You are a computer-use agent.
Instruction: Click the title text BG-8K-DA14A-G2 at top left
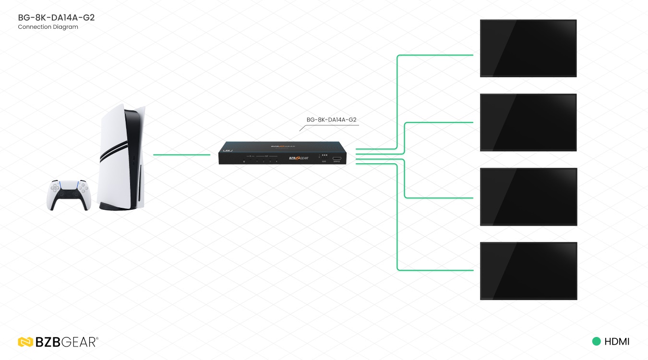[56, 18]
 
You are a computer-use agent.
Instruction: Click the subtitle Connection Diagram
[48, 27]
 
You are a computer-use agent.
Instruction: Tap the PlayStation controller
[68, 194]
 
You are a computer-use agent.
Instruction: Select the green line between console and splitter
[181, 155]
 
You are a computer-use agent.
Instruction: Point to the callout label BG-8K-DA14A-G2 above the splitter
[331, 120]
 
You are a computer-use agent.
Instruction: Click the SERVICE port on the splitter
[336, 158]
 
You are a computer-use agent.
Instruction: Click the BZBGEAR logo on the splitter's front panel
[298, 158]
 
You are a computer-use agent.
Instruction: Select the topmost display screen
[528, 48]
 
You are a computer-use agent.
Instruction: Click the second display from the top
[528, 122]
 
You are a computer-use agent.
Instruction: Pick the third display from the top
[528, 196]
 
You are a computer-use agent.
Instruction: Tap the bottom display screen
[528, 271]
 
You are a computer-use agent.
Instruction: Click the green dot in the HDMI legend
[597, 342]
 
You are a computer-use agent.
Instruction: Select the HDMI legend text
[617, 342]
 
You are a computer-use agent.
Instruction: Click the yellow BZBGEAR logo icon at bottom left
[25, 342]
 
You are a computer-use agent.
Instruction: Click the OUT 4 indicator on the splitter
[276, 161]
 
